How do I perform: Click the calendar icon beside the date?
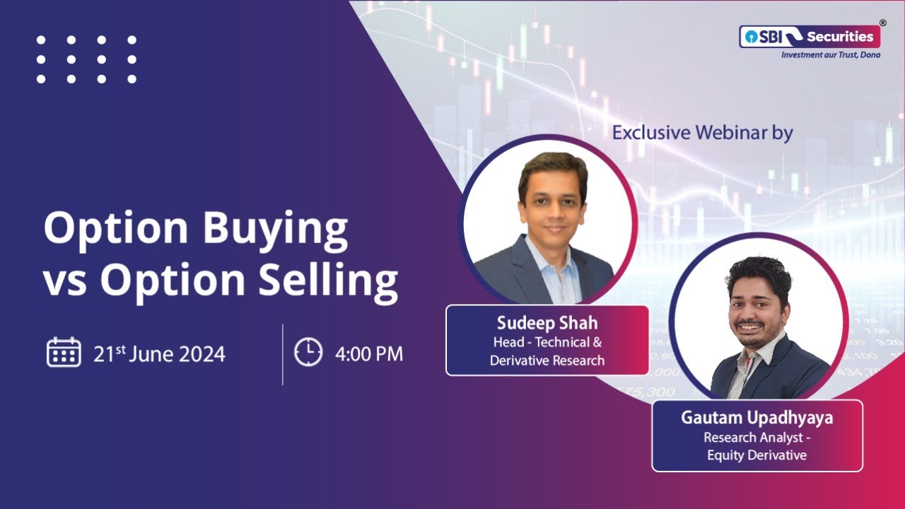(64, 352)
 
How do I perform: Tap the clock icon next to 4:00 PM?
(308, 352)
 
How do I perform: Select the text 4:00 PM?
(369, 353)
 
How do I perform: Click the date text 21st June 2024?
(159, 353)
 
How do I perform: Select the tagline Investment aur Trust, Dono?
(830, 55)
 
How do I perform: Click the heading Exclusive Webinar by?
(703, 132)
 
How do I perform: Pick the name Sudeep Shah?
(547, 323)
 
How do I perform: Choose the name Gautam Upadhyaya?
(757, 418)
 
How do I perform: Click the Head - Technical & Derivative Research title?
(547, 351)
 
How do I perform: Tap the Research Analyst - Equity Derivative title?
(757, 446)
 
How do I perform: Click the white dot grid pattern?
(86, 59)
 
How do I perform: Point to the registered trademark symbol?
(883, 23)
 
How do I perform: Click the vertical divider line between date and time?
(283, 354)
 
